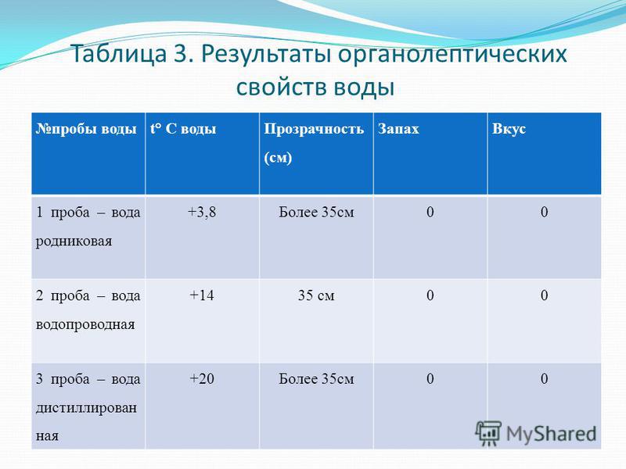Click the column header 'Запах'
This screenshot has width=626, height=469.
(398, 129)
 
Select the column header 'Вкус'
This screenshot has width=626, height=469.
(509, 129)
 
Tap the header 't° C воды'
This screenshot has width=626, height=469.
(183, 129)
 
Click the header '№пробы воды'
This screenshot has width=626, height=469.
(86, 129)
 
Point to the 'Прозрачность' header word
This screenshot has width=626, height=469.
(314, 129)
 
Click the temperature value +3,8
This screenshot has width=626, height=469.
(202, 212)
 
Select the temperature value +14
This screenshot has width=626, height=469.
(202, 295)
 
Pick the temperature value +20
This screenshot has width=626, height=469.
(202, 379)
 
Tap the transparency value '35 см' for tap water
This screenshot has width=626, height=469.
(316, 295)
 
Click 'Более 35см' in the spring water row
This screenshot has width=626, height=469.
(316, 212)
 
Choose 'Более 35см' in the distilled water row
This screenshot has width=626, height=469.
(316, 379)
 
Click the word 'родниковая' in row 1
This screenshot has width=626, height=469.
(74, 242)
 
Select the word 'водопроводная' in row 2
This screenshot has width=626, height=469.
(85, 325)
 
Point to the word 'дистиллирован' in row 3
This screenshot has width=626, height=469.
(86, 408)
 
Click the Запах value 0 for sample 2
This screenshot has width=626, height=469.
(430, 295)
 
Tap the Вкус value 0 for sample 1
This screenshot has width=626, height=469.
(544, 212)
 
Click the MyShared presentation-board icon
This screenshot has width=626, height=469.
(488, 433)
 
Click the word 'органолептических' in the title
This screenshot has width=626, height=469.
(452, 54)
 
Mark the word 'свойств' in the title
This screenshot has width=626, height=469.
(281, 87)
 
